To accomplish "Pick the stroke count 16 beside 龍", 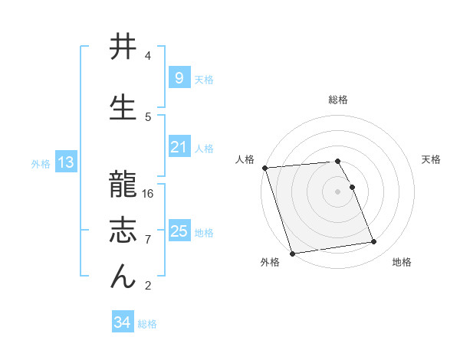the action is click(x=148, y=194).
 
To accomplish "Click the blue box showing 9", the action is click(x=179, y=77).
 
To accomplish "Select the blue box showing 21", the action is click(x=179, y=147).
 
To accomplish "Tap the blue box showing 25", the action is click(x=179, y=231).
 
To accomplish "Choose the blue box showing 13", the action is click(x=65, y=162).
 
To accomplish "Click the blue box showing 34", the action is click(x=122, y=322).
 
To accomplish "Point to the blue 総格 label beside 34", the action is click(x=147, y=324).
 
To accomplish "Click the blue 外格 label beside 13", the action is click(x=41, y=163).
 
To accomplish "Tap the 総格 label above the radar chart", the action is click(x=338, y=100).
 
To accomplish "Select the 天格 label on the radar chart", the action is click(x=432, y=159).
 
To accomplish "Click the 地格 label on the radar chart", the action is click(x=402, y=262).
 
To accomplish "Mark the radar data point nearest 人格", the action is click(x=264, y=168).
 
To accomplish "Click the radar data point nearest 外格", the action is click(x=292, y=253).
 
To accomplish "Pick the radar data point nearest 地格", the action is click(x=373, y=242).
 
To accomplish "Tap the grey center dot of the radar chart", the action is click(x=338, y=191).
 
